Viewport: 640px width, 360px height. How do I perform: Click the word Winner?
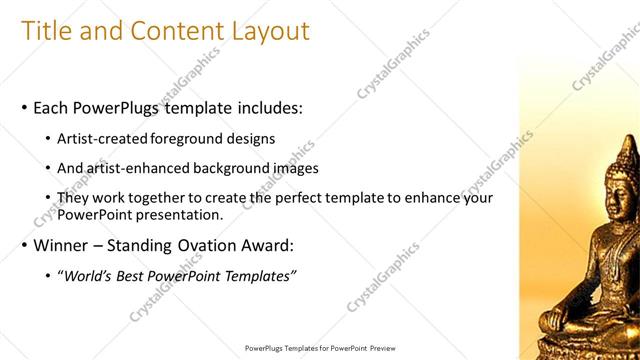pos(63,245)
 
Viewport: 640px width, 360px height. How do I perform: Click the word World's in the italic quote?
pos(91,276)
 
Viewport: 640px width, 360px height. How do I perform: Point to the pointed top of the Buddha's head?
pos(625,141)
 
